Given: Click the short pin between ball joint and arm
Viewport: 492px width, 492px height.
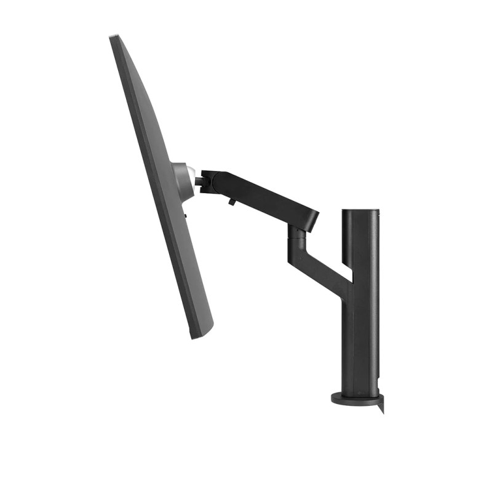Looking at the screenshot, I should (198, 181).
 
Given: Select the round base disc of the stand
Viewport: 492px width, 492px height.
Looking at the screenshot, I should (354, 399).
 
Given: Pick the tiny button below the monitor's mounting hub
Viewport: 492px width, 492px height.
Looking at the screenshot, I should (185, 215).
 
